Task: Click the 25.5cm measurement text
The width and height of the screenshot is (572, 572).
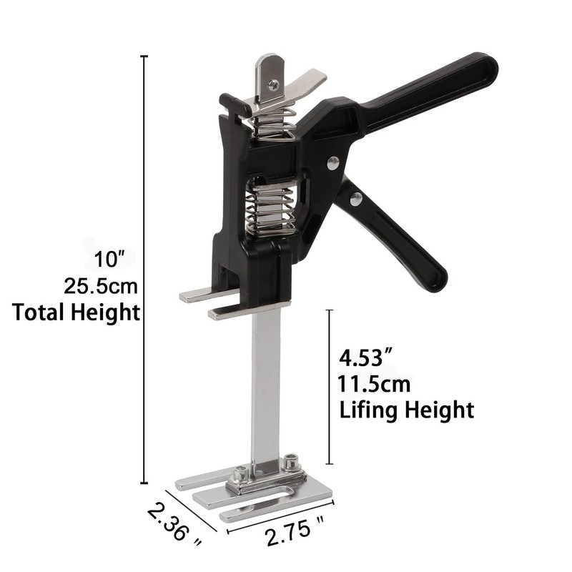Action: (x=100, y=286)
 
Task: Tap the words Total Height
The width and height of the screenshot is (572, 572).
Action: (x=75, y=312)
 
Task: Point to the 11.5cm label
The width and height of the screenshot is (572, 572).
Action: (x=375, y=384)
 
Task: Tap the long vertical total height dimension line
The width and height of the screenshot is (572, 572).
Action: (x=145, y=272)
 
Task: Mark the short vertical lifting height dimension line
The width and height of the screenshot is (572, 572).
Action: (x=328, y=386)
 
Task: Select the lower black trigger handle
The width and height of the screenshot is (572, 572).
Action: (x=400, y=236)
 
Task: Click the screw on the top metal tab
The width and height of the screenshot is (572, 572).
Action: (x=273, y=84)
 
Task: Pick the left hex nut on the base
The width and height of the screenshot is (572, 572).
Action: (x=241, y=473)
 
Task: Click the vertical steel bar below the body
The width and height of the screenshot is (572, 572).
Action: (x=265, y=386)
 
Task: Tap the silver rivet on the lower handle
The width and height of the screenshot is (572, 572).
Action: (x=355, y=199)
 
